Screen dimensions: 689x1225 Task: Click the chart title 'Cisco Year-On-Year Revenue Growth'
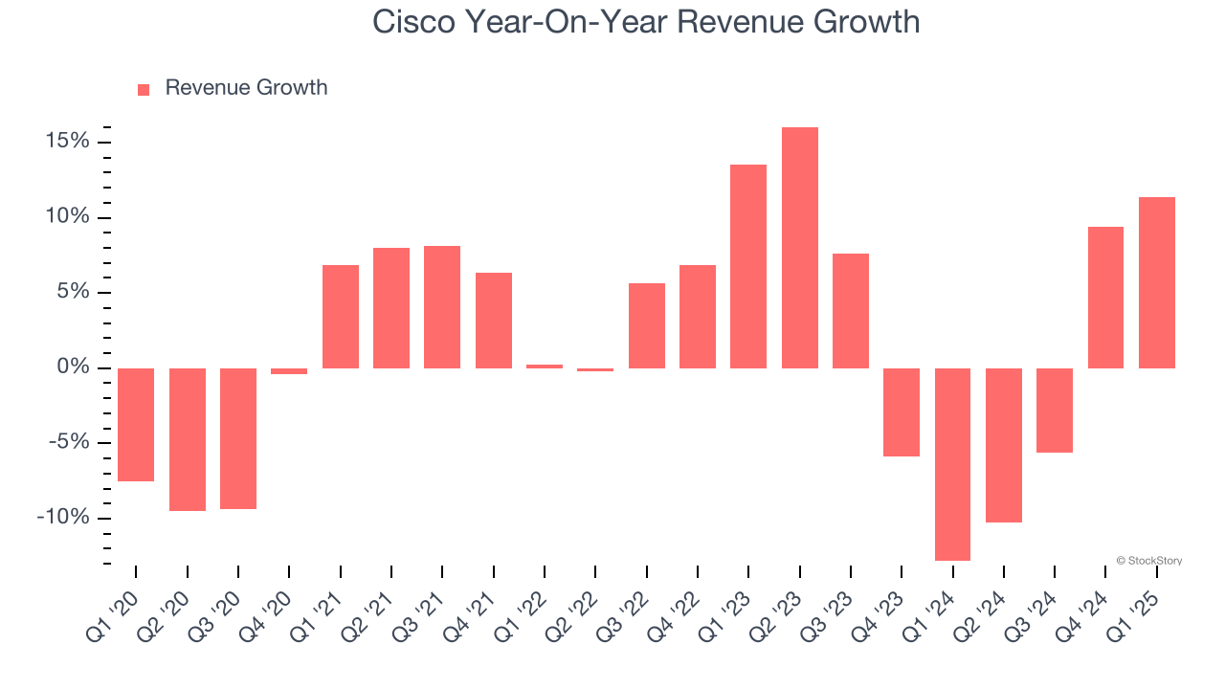(x=646, y=22)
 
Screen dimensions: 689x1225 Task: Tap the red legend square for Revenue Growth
(x=144, y=89)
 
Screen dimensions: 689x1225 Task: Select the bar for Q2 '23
(x=800, y=248)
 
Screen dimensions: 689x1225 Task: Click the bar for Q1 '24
(x=953, y=464)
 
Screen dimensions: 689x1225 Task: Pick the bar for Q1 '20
(x=136, y=425)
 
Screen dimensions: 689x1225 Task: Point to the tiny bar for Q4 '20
(x=289, y=371)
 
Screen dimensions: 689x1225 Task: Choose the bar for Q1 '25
(x=1157, y=282)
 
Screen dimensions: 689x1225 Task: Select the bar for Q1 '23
(x=748, y=266)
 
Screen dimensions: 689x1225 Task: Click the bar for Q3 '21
(x=442, y=307)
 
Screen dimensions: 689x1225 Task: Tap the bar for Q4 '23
(x=902, y=412)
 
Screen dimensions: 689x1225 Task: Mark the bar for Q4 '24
(x=1106, y=298)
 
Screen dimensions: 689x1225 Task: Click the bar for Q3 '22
(x=647, y=325)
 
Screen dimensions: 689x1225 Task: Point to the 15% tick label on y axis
(x=67, y=142)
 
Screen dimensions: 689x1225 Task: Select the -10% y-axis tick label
(x=63, y=518)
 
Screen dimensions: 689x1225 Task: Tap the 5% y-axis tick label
(x=73, y=292)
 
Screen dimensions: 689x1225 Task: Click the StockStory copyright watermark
(x=1148, y=561)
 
